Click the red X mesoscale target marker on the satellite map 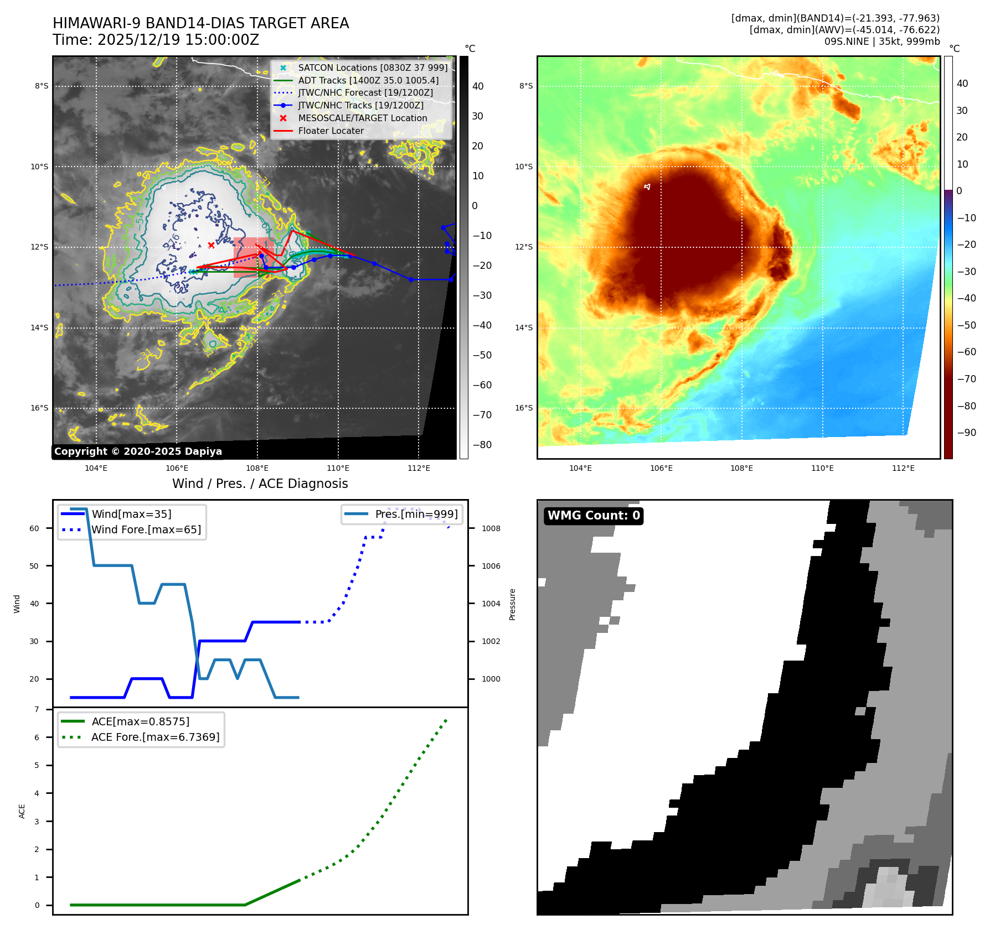click(211, 245)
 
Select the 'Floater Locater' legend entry click(331, 131)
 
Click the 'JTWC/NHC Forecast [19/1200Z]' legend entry click(365, 93)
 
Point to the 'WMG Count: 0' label click(594, 516)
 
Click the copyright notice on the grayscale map click(138, 451)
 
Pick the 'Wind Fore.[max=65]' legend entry click(146, 529)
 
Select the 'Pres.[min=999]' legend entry click(416, 514)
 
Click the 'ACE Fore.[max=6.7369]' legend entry click(155, 737)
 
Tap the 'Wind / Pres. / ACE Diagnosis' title click(260, 484)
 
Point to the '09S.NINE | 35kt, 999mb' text click(882, 41)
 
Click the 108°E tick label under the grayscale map click(257, 468)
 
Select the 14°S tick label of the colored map click(524, 328)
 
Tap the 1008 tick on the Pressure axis click(491, 528)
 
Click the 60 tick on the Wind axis click(34, 528)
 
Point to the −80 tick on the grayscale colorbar click(482, 445)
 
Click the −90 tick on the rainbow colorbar click(966, 433)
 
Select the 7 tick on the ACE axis click(37, 709)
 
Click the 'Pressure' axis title click(513, 604)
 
